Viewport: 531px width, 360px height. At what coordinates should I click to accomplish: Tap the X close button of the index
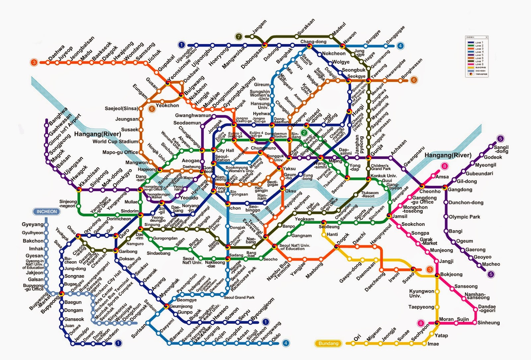click(487, 37)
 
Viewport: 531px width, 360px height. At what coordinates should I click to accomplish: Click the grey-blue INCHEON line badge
click(46, 212)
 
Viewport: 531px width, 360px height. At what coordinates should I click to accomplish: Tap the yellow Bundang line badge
click(328, 343)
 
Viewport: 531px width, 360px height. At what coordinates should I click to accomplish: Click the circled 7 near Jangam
click(238, 37)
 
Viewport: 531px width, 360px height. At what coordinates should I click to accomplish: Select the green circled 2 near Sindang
click(304, 133)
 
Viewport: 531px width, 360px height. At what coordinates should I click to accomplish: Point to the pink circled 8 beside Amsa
click(444, 166)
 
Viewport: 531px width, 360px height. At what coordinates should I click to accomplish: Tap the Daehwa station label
click(56, 53)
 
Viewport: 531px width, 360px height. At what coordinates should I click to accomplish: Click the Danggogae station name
click(396, 34)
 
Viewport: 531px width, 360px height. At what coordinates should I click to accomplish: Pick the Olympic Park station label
click(464, 217)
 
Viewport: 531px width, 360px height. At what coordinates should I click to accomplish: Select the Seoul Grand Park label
click(239, 297)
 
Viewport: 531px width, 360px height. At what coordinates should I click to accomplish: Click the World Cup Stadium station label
click(115, 141)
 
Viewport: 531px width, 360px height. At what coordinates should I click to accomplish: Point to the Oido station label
click(276, 337)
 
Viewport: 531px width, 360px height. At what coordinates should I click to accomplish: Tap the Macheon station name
click(491, 264)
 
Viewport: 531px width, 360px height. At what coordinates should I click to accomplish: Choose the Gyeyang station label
click(33, 225)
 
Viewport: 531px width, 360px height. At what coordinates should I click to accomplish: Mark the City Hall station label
click(225, 150)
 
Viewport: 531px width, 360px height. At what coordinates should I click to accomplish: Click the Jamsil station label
click(400, 216)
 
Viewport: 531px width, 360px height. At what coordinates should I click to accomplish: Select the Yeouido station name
click(189, 198)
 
